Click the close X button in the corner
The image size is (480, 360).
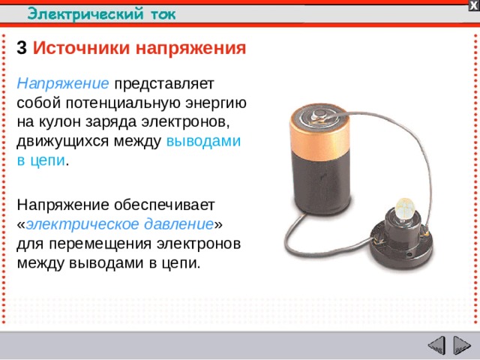[473, 5]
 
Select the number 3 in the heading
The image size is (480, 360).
[22, 49]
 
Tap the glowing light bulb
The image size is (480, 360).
[406, 207]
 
